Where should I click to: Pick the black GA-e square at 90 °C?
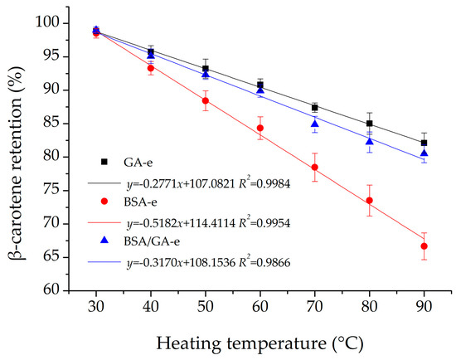(424, 143)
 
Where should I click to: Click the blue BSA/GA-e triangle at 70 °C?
(314, 124)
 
